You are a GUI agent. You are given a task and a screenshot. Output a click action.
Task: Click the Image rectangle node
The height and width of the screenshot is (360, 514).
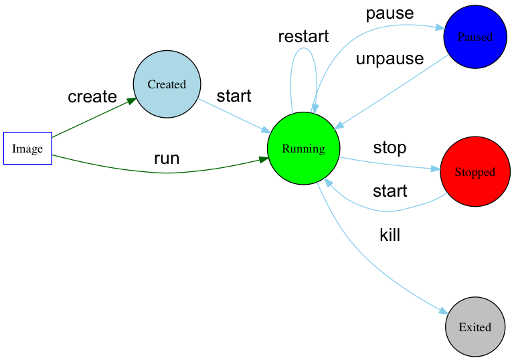point(27,149)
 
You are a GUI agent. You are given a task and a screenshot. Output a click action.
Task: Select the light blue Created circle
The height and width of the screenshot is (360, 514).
point(167,84)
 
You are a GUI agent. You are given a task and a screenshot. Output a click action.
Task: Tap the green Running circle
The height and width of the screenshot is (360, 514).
point(303,149)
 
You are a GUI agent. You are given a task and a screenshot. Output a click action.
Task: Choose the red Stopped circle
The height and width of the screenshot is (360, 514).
point(475,172)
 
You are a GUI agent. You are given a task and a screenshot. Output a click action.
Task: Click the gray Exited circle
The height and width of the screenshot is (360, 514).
point(475,327)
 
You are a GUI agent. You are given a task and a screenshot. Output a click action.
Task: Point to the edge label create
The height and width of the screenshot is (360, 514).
point(92,97)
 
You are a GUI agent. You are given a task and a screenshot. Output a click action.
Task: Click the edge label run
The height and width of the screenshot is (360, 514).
point(167,159)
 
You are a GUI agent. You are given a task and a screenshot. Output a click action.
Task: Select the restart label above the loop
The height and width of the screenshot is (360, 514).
point(303,37)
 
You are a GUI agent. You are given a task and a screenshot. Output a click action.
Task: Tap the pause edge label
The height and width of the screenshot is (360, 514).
point(390,13)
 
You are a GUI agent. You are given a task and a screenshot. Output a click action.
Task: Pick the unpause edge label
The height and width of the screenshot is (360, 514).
point(390,59)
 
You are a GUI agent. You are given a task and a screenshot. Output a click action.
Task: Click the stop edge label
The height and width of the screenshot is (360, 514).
point(390,148)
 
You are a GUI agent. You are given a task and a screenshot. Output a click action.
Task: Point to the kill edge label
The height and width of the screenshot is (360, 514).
point(390,235)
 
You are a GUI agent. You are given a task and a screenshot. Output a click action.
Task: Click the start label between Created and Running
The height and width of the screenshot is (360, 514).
point(234,96)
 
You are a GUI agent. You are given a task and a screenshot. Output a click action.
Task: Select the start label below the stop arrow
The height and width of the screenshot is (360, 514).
point(390,192)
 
